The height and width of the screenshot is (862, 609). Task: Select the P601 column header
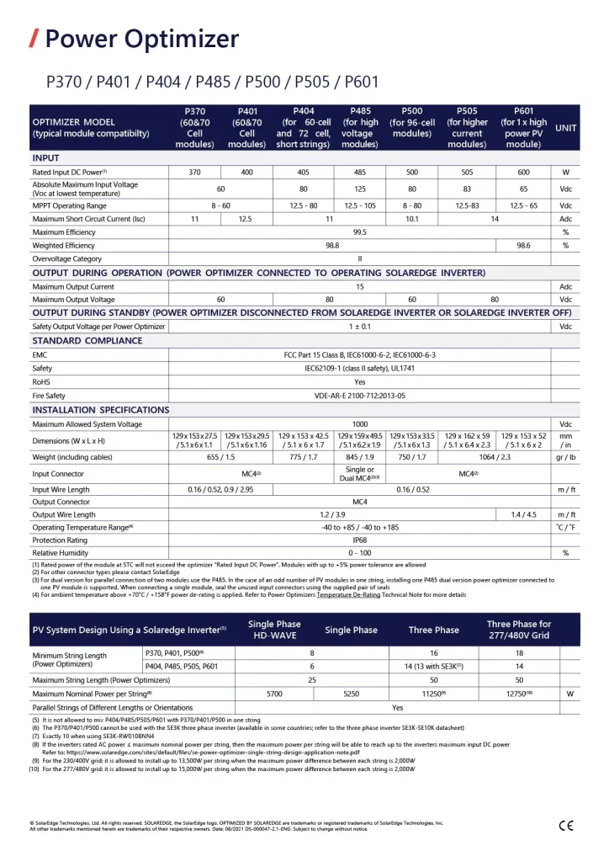point(523,128)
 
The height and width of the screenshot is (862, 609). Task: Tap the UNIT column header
point(565,128)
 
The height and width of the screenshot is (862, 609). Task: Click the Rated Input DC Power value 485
point(359,173)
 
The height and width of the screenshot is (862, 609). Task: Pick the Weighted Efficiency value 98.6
point(523,246)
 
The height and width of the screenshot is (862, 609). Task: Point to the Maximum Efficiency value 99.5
point(359,232)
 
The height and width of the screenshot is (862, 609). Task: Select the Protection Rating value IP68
point(359,540)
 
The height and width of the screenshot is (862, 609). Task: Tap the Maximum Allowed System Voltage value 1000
point(359,424)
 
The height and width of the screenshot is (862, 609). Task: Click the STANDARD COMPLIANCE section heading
point(87,341)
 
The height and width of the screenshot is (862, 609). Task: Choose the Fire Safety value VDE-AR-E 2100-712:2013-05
point(359,396)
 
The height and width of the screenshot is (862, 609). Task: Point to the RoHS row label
point(43,381)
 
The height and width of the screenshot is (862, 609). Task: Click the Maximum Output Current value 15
point(359,287)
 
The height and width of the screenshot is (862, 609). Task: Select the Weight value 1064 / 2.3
point(495,456)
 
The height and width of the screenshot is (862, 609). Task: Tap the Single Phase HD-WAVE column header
point(276,630)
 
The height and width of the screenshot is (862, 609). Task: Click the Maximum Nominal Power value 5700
point(276,694)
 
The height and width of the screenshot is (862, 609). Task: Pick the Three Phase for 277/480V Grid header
point(518,630)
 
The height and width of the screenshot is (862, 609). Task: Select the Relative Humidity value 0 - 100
point(359,553)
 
